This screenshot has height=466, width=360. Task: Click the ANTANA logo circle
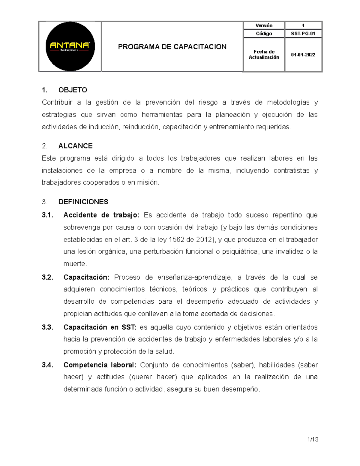[70, 46]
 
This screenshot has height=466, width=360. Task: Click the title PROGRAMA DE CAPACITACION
[172, 47]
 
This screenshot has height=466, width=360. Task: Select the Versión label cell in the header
[264, 26]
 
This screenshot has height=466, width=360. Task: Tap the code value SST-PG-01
[303, 34]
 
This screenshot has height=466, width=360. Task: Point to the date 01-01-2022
[303, 55]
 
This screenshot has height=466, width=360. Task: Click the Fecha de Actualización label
[264, 55]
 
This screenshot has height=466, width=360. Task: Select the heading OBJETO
[73, 90]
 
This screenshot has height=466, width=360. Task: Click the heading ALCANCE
[75, 146]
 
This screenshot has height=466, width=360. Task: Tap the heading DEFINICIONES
[83, 202]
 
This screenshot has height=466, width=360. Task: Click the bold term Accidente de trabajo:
[101, 215]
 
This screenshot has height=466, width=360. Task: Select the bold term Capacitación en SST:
[100, 327]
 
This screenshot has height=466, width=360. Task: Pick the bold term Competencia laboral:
[100, 365]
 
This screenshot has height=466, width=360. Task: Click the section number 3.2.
[47, 277]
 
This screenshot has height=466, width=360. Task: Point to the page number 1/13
[313, 440]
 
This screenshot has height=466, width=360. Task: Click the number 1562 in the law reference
[176, 239]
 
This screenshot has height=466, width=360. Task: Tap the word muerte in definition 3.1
[74, 264]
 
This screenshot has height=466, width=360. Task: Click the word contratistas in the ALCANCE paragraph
[291, 170]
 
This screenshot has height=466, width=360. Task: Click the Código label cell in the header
[264, 34]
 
